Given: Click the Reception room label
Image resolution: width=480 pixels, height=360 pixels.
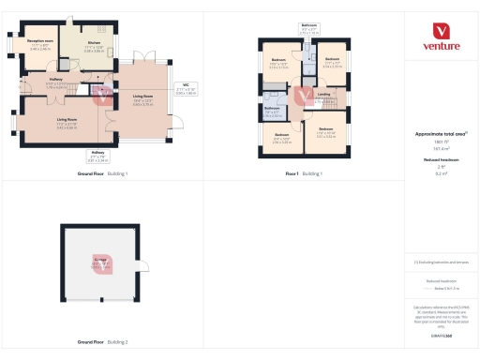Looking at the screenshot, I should pos(39,44).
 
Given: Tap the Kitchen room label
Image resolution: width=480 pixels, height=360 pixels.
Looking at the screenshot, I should pos(95,45).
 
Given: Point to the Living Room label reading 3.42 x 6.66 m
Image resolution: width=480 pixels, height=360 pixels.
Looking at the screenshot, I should pos(67,122).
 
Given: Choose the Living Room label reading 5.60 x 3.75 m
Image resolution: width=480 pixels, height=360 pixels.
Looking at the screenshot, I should pos(142,101).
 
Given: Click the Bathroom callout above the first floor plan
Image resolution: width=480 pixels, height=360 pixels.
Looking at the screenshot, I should pos(309,29).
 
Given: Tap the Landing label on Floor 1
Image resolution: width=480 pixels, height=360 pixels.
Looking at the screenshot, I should pos(323,97).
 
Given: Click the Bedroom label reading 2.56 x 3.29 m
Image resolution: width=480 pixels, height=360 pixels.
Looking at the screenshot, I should pos(282,138).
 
